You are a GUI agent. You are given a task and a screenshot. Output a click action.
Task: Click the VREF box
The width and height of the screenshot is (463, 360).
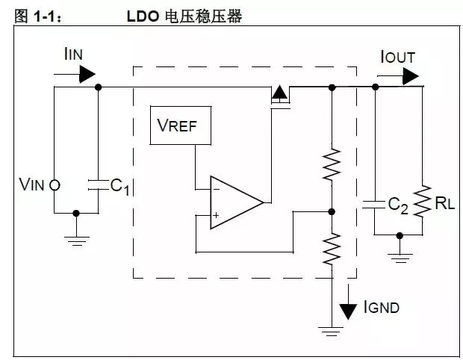tap(181, 125)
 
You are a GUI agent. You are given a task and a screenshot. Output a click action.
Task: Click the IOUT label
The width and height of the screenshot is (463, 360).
tap(397, 57)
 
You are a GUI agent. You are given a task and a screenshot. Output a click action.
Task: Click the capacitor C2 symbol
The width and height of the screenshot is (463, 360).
tap(374, 203)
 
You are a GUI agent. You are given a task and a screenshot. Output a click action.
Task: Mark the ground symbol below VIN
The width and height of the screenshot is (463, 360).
tap(76, 238)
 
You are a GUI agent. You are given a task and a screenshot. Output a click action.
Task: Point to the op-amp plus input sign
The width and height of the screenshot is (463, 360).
tap(216, 216)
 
